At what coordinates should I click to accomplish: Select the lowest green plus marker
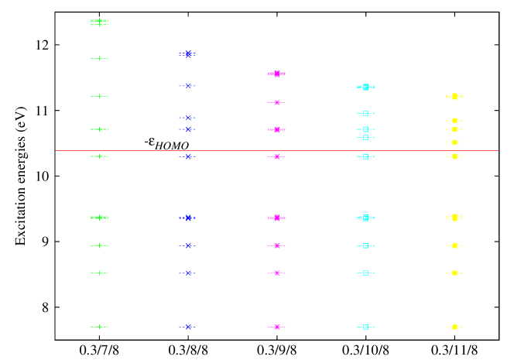click(x=98, y=327)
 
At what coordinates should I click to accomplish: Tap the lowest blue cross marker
click(x=188, y=327)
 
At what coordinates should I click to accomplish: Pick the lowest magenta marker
click(x=276, y=327)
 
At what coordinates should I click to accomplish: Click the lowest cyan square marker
click(x=365, y=327)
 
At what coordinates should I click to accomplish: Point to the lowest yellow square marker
click(x=454, y=327)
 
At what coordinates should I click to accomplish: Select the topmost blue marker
click(x=188, y=53)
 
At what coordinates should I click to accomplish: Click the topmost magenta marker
click(x=276, y=74)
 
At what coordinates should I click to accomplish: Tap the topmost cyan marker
click(x=365, y=87)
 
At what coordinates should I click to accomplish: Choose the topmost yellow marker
click(x=454, y=96)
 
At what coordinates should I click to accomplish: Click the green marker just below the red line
click(x=98, y=156)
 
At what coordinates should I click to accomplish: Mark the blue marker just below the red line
click(x=188, y=156)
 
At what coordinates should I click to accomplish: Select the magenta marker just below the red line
click(x=276, y=156)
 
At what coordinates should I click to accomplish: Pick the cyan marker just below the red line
click(x=365, y=156)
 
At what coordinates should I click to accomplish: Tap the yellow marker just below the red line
click(x=454, y=156)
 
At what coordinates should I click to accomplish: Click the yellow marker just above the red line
click(x=454, y=142)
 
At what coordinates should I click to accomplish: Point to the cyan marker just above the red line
click(x=365, y=137)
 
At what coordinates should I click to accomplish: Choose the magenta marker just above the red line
click(x=276, y=129)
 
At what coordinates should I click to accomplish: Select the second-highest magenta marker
click(x=276, y=102)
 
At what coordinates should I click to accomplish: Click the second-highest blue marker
click(x=188, y=85)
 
